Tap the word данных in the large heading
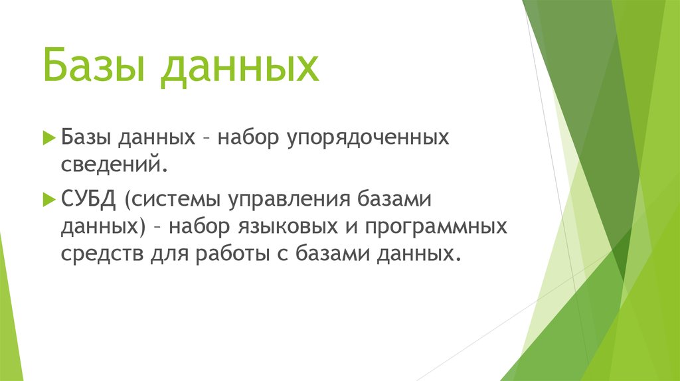[x=239, y=69]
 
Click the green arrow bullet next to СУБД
[x=48, y=198]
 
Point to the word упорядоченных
[x=366, y=139]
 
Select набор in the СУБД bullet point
[x=197, y=226]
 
